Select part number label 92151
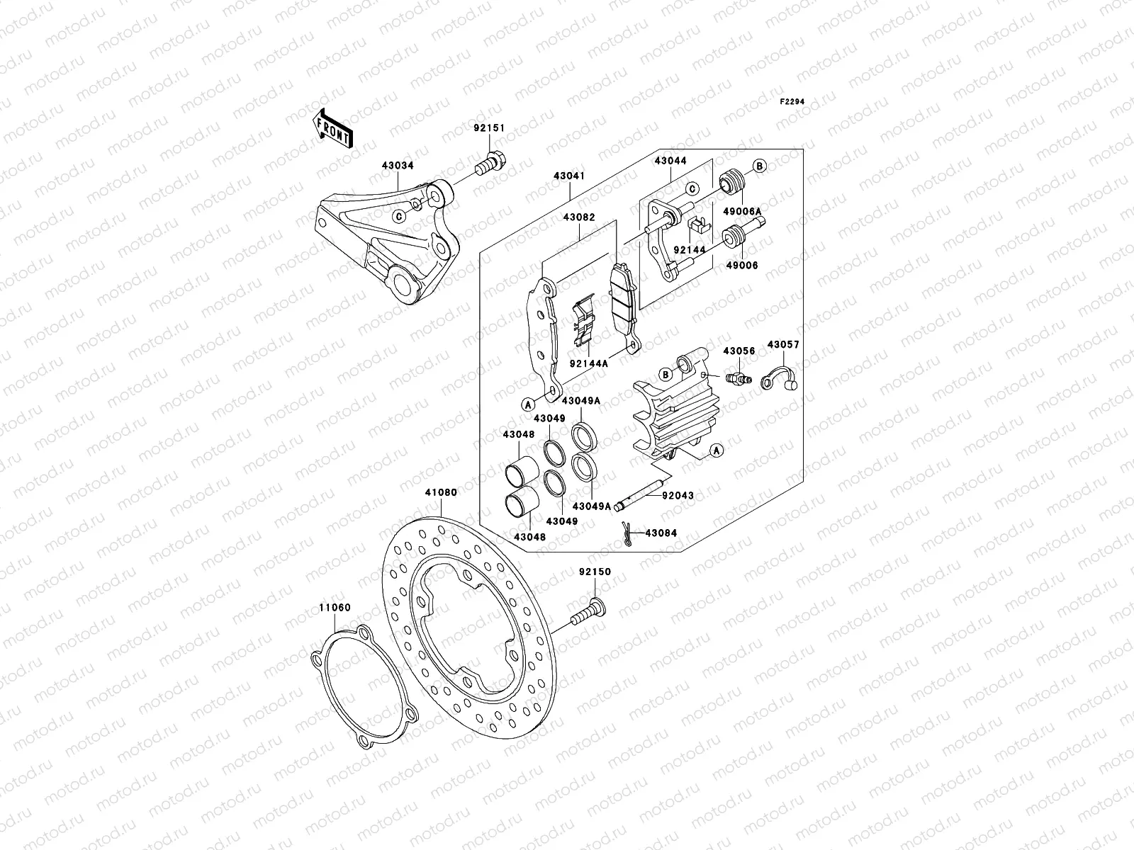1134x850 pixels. tap(489, 129)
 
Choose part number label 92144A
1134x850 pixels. tap(588, 363)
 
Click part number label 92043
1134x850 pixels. tap(678, 497)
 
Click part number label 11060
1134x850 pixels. tap(335, 608)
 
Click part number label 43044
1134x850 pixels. tap(670, 161)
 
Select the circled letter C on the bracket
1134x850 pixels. tap(399, 216)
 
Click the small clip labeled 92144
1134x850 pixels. tap(697, 225)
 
